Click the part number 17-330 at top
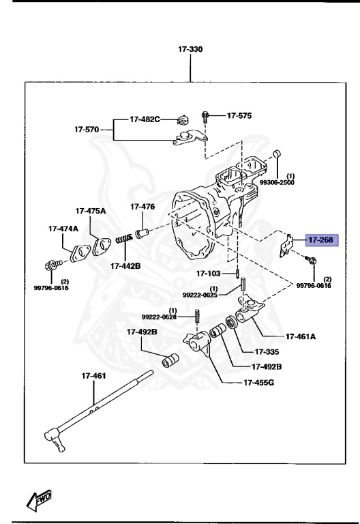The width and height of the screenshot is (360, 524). [190, 50]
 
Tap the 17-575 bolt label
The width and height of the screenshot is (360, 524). [239, 115]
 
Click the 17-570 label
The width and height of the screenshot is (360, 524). [88, 128]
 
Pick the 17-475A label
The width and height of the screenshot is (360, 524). [91, 211]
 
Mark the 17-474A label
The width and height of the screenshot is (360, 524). [63, 229]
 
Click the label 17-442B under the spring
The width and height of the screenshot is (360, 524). [123, 265]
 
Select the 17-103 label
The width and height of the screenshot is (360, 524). [209, 274]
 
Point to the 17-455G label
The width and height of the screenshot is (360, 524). [259, 382]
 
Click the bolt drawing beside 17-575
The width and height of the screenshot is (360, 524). [205, 116]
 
